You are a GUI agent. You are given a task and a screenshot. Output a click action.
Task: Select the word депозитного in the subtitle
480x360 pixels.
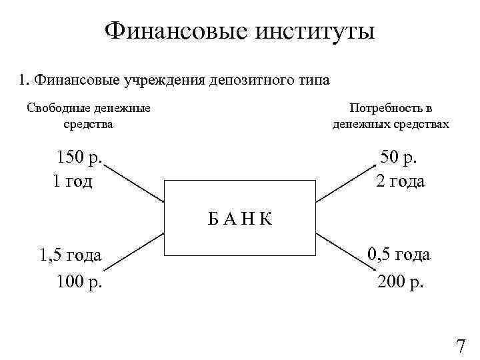click(x=248, y=81)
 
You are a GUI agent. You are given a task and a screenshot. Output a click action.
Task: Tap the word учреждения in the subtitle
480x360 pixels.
click(x=164, y=81)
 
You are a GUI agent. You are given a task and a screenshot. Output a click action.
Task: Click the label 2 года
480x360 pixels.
click(x=400, y=181)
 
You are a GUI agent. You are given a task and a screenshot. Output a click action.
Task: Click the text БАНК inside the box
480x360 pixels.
click(x=240, y=218)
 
